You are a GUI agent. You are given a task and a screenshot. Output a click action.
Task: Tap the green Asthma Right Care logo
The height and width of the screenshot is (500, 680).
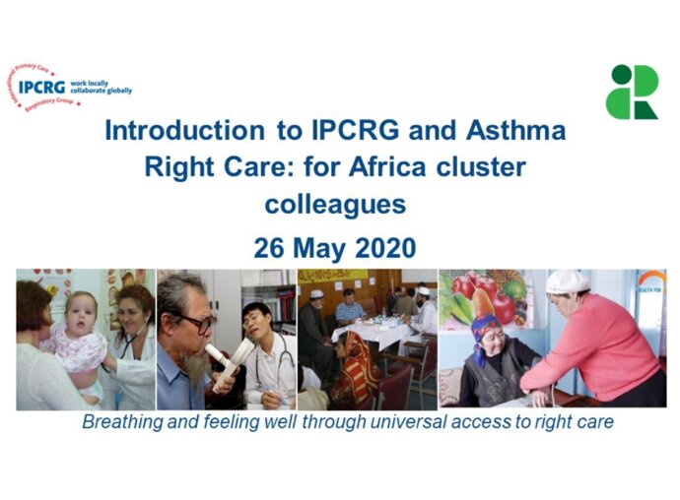(x=632, y=92)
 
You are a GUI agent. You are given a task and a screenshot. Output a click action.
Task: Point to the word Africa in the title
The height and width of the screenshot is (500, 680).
(x=410, y=166)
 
